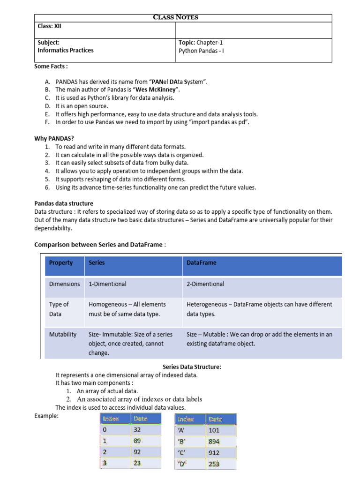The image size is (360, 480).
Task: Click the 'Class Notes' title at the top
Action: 176,17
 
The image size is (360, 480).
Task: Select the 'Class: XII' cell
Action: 50,26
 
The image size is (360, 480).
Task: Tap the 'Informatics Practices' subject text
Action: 66,50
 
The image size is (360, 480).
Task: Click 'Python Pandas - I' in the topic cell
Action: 201,51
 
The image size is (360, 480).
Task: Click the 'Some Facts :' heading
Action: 51,67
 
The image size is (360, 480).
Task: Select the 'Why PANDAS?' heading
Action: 54,138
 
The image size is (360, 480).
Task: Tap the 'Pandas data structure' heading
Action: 64,203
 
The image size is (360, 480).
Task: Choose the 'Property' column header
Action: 61,263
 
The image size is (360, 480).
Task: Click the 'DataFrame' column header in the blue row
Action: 202,263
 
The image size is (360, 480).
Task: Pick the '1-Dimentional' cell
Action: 107,284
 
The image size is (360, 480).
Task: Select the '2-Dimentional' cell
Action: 205,284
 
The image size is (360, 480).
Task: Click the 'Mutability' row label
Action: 63,335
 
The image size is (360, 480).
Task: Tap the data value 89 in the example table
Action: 137,441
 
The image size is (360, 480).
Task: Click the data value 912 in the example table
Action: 213,453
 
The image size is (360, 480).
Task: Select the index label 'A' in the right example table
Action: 182,430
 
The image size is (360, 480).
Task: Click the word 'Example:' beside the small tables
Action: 46,416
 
